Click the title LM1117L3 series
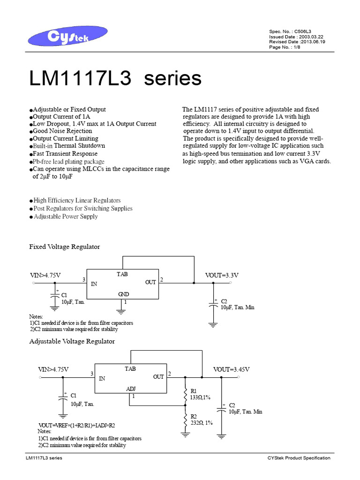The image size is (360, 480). pyautogui.click(x=115, y=78)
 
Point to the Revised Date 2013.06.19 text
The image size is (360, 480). pyautogui.click(x=297, y=42)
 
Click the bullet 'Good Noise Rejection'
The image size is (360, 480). pyautogui.click(x=62, y=131)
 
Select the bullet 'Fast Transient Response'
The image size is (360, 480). pyautogui.click(x=65, y=154)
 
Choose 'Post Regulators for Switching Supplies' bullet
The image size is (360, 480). pyautogui.click(x=83, y=209)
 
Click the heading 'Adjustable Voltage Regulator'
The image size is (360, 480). pyautogui.click(x=72, y=341)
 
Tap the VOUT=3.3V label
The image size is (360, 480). pyautogui.click(x=222, y=275)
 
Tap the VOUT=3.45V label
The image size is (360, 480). pyautogui.click(x=232, y=369)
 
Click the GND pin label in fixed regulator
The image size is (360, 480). pyautogui.click(x=123, y=294)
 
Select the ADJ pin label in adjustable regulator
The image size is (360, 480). pyautogui.click(x=131, y=389)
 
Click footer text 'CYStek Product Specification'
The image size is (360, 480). pyautogui.click(x=299, y=458)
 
